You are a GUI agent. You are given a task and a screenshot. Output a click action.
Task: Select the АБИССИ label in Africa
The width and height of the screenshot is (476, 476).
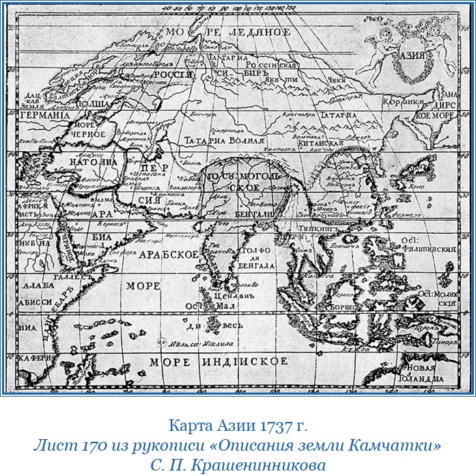coord(28,301)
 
